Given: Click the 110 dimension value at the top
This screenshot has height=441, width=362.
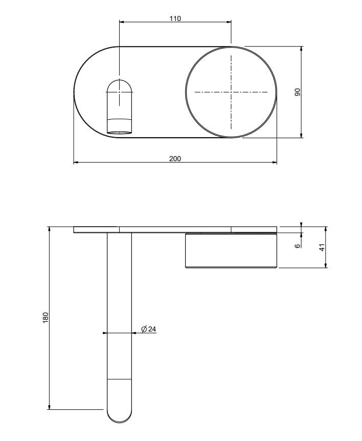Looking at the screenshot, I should click(x=175, y=18).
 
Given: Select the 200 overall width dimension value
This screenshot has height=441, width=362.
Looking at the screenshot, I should click(x=175, y=159).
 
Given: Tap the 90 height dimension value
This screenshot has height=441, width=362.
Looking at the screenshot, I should click(x=297, y=93).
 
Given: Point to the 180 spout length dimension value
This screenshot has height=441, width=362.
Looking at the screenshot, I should click(x=45, y=317).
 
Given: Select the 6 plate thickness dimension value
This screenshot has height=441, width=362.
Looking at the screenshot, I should click(x=297, y=246).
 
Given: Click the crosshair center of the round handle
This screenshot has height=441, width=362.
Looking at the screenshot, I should click(x=231, y=92).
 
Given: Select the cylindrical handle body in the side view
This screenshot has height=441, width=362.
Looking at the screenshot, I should click(x=231, y=251).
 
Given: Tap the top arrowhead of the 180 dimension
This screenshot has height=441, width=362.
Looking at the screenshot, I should click(x=50, y=229).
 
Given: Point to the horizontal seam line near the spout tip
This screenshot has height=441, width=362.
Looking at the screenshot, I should click(x=119, y=379).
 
